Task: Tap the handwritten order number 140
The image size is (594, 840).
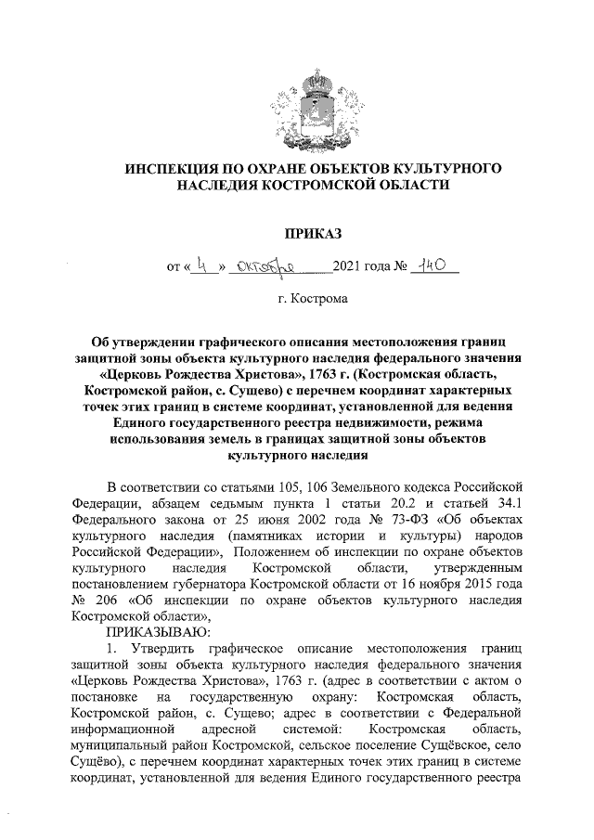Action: [x=436, y=266]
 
